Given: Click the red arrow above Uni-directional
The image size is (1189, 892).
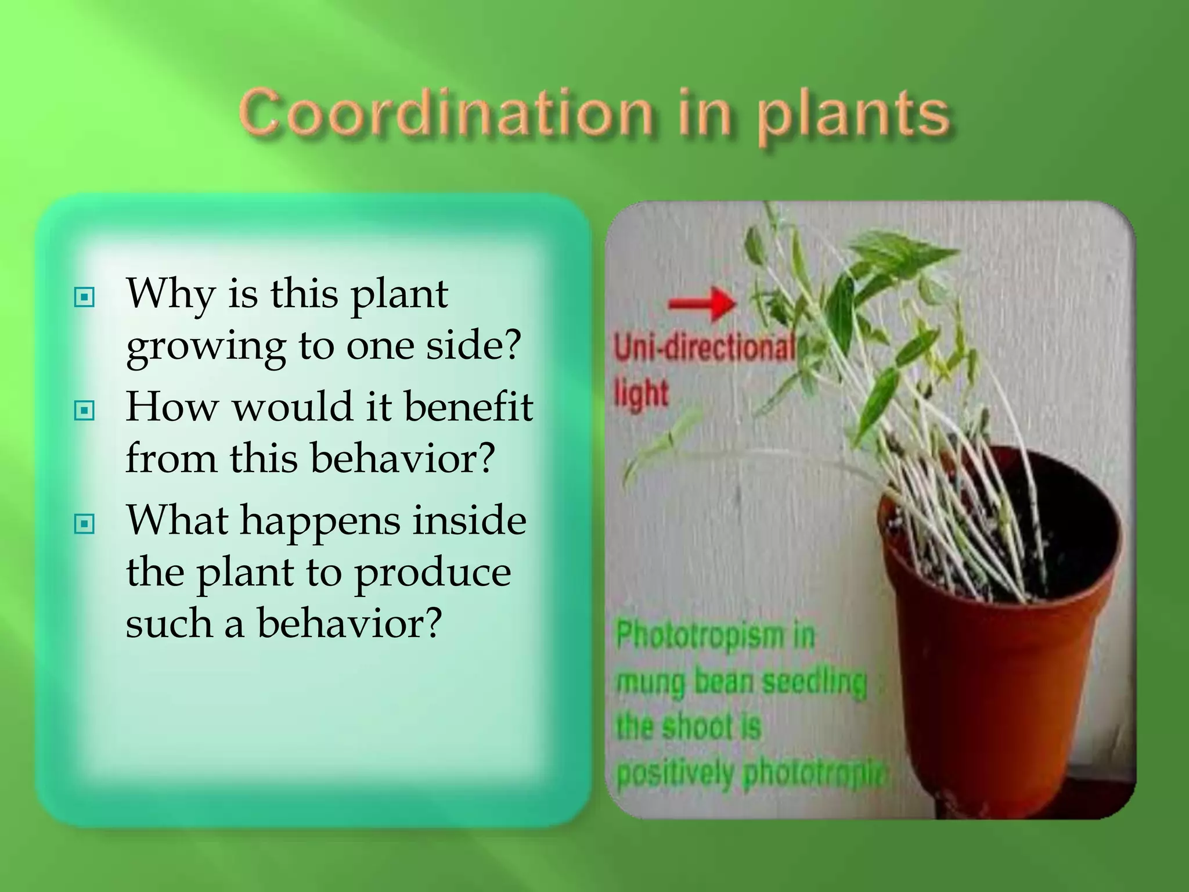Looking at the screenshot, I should click(x=702, y=303).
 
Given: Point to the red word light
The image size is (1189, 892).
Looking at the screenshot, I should click(x=642, y=393).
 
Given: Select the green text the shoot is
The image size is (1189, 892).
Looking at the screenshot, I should click(x=689, y=726).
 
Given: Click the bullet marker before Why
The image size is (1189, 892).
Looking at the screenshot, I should click(x=85, y=298).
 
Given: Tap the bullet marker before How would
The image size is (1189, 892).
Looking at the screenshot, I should click(x=85, y=411).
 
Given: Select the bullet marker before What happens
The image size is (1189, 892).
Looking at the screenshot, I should click(x=85, y=524).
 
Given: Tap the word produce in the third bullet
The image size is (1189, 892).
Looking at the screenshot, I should click(x=433, y=573).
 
